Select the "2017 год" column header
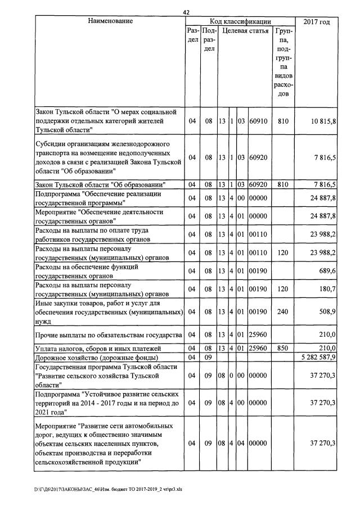click(316, 22)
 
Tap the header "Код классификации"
click(240, 21)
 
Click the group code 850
click(283, 349)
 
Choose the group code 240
click(283, 311)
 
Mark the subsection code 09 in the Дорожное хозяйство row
click(208, 357)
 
